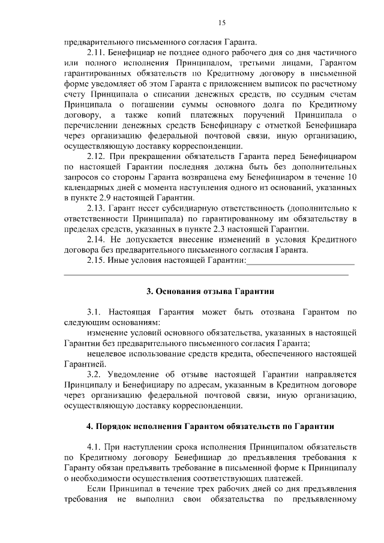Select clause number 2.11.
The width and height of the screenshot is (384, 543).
(x=96, y=52)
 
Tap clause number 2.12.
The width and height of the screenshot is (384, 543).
(x=96, y=155)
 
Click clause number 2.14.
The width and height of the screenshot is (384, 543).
(x=96, y=239)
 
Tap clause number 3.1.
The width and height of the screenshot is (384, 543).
(x=96, y=312)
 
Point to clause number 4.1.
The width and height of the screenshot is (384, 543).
(x=96, y=447)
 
